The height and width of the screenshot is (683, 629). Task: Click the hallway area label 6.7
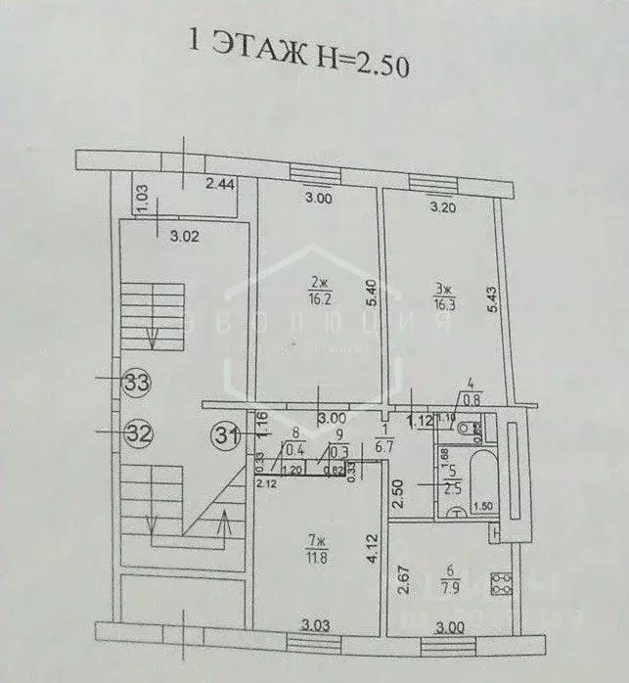pos(385,446)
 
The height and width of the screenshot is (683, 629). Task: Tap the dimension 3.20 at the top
pos(447,207)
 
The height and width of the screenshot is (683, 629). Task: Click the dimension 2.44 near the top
pos(218,184)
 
